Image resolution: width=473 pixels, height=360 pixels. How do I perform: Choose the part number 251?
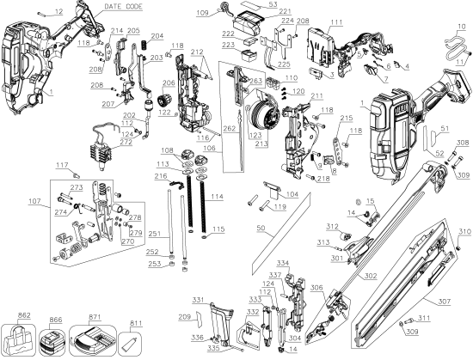coord(154,233)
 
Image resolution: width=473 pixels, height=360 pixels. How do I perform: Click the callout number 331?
coord(198,299)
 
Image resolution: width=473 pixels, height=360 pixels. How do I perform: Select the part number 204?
coord(157,35)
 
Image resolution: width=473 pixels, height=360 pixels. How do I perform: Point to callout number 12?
coord(58,10)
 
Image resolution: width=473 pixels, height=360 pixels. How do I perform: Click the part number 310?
coord(464,231)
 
